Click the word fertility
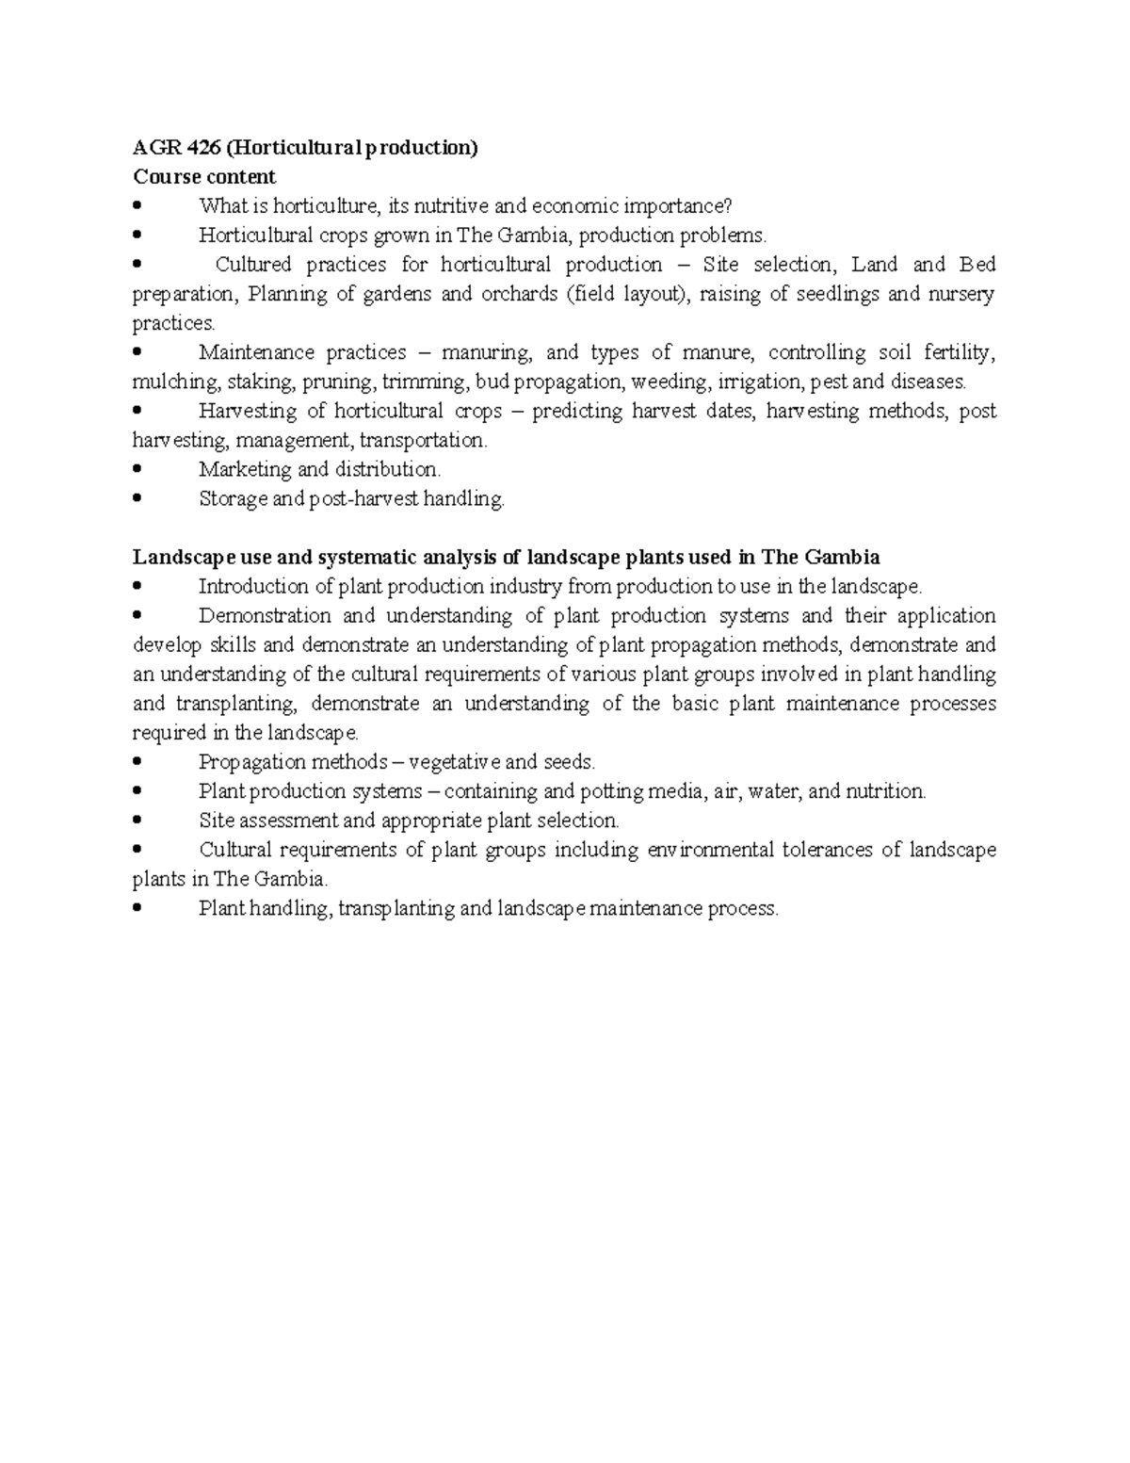click(958, 352)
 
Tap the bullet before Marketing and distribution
click(138, 469)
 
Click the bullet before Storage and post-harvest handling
click(138, 498)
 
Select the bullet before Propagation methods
click(138, 761)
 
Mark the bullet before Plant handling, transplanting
click(138, 907)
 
